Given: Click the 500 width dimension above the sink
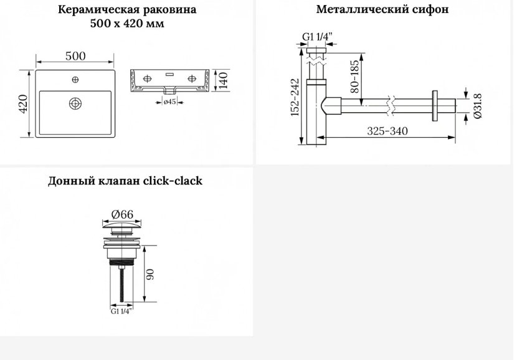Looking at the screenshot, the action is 75,56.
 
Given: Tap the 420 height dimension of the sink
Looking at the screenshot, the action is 23,103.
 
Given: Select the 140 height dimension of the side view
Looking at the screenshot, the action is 223,80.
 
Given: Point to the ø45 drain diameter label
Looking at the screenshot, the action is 170,102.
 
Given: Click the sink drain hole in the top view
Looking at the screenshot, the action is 75,103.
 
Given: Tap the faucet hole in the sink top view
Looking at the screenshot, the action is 75,80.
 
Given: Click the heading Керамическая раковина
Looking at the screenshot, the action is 127,9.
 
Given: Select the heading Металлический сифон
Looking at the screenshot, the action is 382,9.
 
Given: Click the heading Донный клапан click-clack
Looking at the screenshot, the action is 125,181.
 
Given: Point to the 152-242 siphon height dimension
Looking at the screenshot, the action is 295,97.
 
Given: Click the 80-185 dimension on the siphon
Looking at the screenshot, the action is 354,77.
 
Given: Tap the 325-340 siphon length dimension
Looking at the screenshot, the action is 387,131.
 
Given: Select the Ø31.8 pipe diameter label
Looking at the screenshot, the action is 477,106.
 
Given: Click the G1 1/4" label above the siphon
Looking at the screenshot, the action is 317,37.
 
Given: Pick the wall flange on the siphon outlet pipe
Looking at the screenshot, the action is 435,106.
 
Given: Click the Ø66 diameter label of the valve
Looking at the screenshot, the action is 122,215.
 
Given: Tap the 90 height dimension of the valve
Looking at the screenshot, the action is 150,274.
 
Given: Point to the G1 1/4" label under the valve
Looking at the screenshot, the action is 121,311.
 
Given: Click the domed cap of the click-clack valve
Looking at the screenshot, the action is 122,225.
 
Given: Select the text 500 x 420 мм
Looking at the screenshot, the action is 127,24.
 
